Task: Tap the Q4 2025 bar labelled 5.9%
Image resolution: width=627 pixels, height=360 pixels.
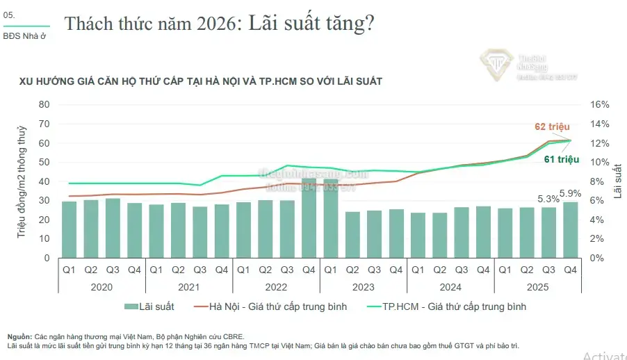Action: click(x=570, y=229)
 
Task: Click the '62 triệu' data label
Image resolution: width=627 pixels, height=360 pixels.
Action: click(x=552, y=126)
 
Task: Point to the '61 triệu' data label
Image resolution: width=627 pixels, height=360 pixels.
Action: click(x=562, y=160)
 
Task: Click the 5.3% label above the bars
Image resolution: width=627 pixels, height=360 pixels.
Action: click(x=548, y=199)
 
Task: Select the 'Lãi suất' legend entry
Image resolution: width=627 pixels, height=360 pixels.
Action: click(x=149, y=306)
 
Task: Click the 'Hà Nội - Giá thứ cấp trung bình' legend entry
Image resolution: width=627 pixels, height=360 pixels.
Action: click(x=272, y=306)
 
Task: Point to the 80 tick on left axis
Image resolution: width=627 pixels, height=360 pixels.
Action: click(x=44, y=104)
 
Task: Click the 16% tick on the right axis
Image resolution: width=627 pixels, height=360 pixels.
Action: click(x=600, y=104)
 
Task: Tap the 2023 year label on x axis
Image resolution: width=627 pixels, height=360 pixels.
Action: click(x=364, y=286)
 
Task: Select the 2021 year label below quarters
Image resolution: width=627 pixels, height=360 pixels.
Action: click(x=189, y=286)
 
